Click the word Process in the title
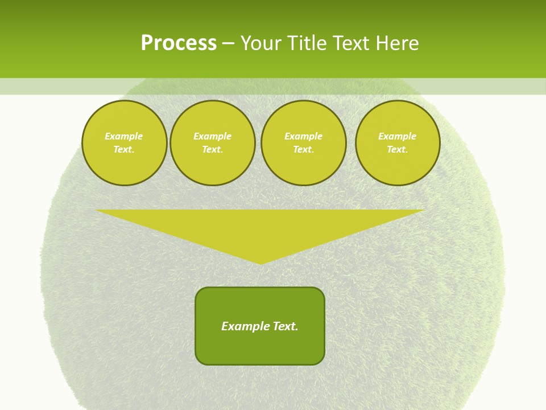pos(179,43)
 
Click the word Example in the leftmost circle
pos(124,136)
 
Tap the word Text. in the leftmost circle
pos(124,149)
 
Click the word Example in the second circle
pos(212,136)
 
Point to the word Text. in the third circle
pos(303,149)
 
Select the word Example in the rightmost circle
pos(397,136)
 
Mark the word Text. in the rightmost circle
pos(397,149)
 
